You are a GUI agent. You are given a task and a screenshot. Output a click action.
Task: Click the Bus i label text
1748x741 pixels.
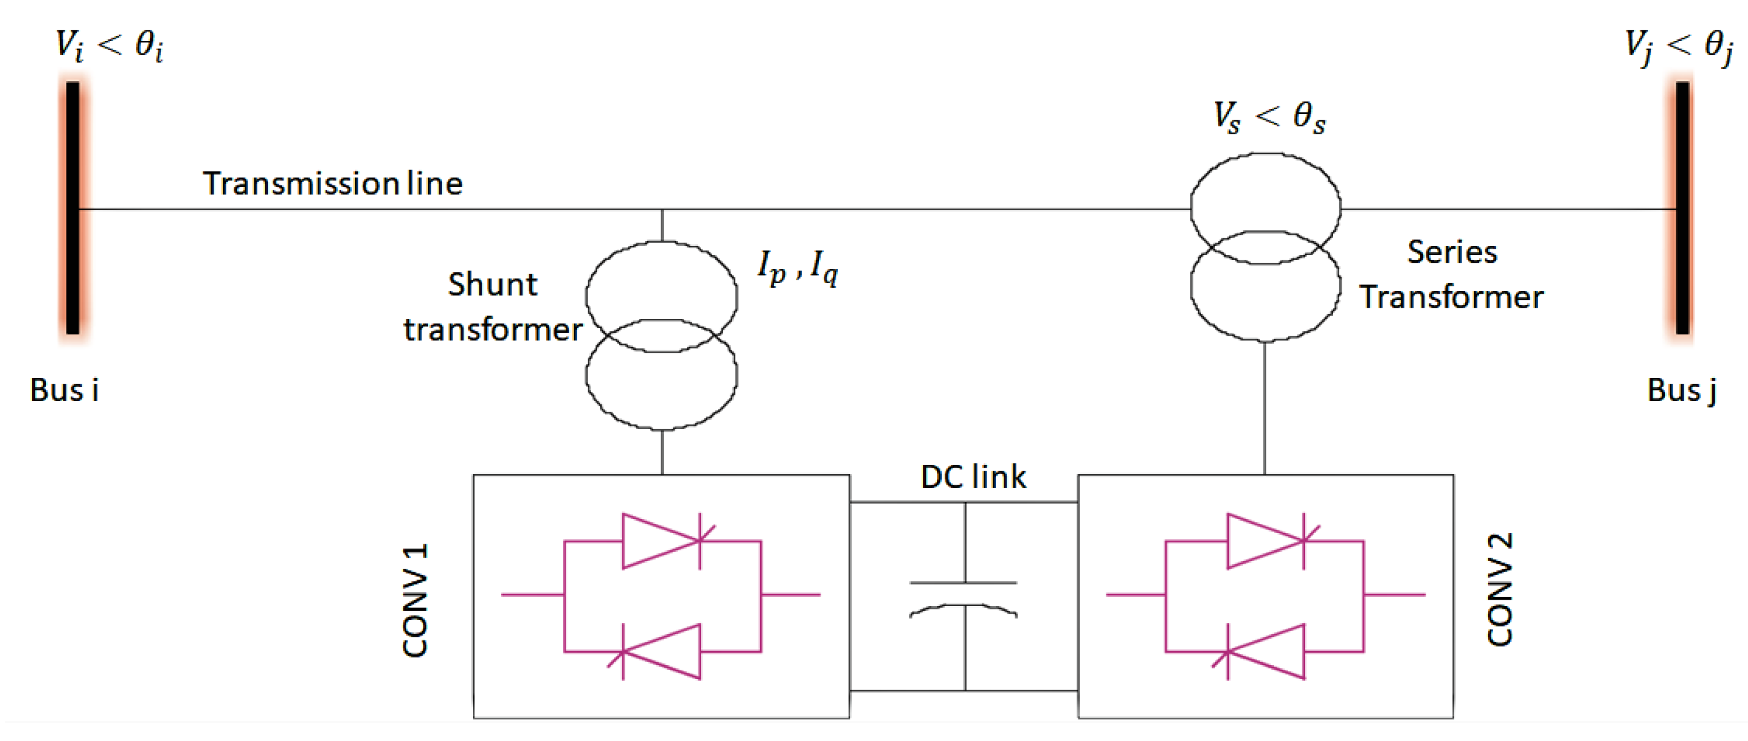64,390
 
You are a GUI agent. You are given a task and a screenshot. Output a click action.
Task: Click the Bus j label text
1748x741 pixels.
1681,390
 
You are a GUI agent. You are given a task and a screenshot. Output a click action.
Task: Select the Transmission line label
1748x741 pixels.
333,183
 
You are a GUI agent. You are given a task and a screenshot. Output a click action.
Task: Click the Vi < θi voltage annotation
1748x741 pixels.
109,46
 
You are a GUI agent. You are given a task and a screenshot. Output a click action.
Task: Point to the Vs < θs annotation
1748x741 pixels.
1268,116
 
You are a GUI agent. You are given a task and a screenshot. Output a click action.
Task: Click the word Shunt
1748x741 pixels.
493,284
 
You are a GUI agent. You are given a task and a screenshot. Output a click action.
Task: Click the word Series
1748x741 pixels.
1452,252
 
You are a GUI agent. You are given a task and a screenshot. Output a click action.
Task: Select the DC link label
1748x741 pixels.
973,477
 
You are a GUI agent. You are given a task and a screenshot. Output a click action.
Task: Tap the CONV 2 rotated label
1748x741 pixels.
1500,590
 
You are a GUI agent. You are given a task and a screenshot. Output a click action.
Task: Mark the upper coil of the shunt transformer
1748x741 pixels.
661,285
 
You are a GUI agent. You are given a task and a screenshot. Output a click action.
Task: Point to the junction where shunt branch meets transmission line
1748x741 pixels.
661,210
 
